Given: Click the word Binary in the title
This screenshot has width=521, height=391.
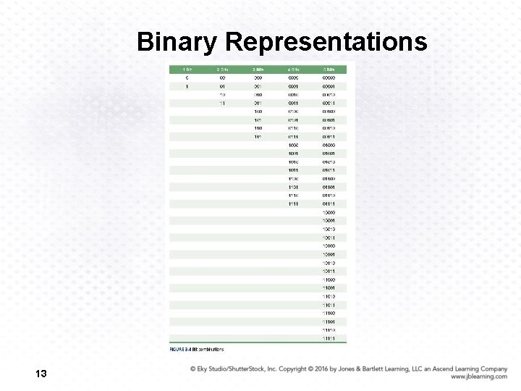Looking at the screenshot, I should coord(177,42).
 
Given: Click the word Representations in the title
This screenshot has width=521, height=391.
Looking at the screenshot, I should coord(326,42).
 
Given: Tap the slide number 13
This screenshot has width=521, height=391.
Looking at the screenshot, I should coord(41,374).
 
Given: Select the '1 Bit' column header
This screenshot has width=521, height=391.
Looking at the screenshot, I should coord(187,69).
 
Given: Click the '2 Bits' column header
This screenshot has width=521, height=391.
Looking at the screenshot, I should coord(222,69).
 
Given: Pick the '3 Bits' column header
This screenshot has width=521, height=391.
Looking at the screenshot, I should coord(258,69).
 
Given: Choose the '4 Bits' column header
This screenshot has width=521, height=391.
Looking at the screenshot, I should coord(293,69).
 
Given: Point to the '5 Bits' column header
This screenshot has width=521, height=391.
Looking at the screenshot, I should coord(329,69).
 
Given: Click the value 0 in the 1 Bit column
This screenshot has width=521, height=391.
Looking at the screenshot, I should coord(187,77).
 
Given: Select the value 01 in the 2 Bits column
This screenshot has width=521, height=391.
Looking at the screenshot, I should coord(222,86).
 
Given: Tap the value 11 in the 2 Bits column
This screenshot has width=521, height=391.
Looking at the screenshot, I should coord(222,103).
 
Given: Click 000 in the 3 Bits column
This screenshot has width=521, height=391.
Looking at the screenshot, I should coord(258,77).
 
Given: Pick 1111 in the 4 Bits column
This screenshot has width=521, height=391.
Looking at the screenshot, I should coord(293,204).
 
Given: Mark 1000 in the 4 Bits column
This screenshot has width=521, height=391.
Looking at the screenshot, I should coord(293,145).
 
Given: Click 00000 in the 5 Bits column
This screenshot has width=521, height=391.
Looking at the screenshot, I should coord(329,77).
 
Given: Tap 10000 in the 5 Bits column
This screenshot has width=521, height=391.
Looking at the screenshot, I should coord(329,212).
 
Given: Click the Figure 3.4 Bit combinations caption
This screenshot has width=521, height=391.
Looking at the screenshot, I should coord(197,350).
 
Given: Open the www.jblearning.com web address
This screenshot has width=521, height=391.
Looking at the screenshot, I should coord(478,377).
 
